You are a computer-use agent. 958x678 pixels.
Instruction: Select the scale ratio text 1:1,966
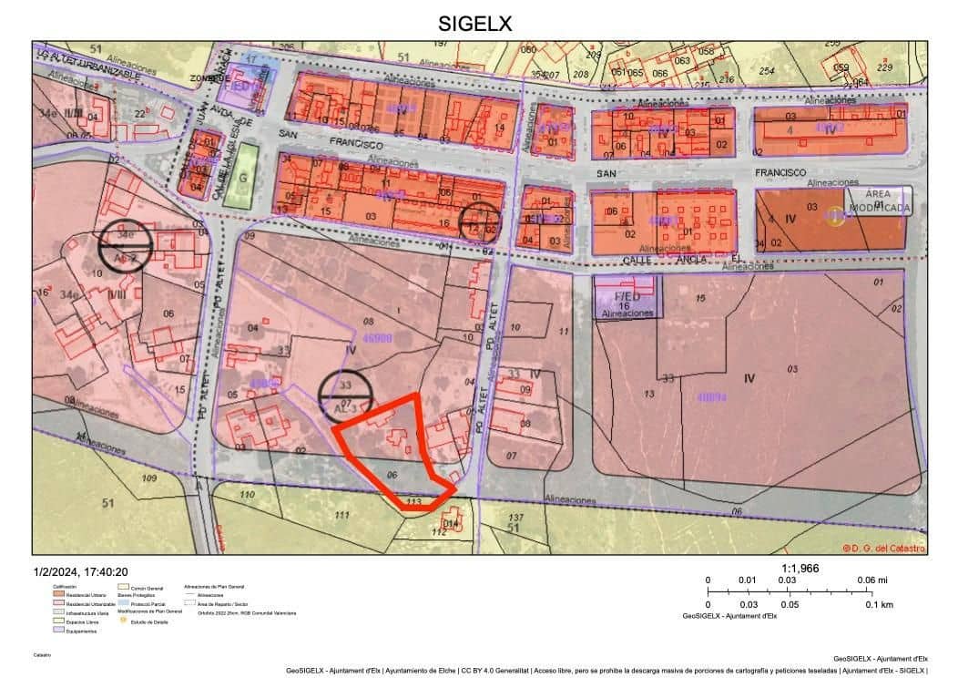(x=800, y=568)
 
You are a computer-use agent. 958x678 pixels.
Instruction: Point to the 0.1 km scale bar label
(x=880, y=604)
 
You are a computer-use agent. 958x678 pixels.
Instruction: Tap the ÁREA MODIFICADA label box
(x=877, y=200)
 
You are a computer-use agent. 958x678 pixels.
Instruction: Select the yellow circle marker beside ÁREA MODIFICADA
(x=835, y=216)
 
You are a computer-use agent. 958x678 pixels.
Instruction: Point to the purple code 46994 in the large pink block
(x=711, y=397)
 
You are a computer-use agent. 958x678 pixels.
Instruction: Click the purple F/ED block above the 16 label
(x=628, y=296)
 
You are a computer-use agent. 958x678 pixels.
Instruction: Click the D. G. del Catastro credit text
(x=883, y=548)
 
